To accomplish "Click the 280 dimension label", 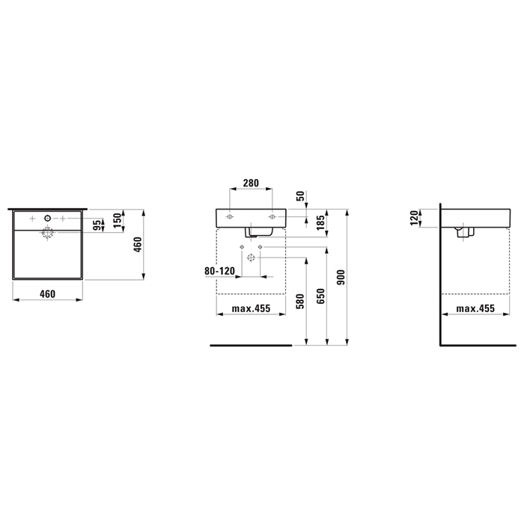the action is (x=251, y=183).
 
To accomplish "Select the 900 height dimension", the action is (x=341, y=278).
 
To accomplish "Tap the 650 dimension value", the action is (x=320, y=296).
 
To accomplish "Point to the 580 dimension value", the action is (x=300, y=301).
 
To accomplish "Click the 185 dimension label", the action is (x=320, y=223).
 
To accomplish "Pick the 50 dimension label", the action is (x=300, y=196).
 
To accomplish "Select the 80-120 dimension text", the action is (x=219, y=271).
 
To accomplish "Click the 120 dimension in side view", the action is (x=414, y=218).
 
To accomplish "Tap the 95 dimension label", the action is (x=97, y=225).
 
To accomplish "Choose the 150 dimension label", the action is (x=118, y=221).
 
